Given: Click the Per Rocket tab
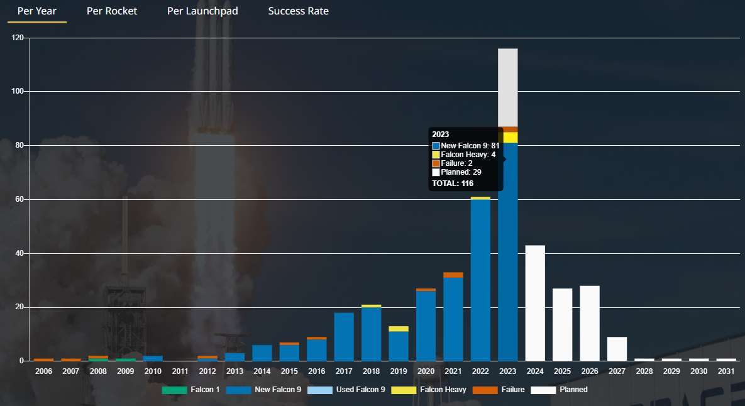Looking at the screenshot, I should [112, 11].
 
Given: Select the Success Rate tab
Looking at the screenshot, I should [298, 11].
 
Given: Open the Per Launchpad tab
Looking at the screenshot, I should [202, 11].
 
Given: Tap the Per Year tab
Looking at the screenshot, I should [36, 11].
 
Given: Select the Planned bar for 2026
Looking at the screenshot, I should [590, 323].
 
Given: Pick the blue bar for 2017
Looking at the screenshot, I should [344, 337].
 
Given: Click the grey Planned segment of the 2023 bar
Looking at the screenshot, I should [508, 87].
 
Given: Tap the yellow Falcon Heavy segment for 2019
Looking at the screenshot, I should [399, 329].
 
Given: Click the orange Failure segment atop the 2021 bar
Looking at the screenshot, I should [453, 275].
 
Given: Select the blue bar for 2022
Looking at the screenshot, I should [480, 280].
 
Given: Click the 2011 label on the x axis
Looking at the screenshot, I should [180, 371].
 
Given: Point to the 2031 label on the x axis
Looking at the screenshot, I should [726, 371].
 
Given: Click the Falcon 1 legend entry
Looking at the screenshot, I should [191, 390].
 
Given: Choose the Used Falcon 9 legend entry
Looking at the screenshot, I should [346, 390].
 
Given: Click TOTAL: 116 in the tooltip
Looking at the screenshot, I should [453, 184].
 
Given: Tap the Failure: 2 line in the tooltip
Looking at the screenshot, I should [456, 163].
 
